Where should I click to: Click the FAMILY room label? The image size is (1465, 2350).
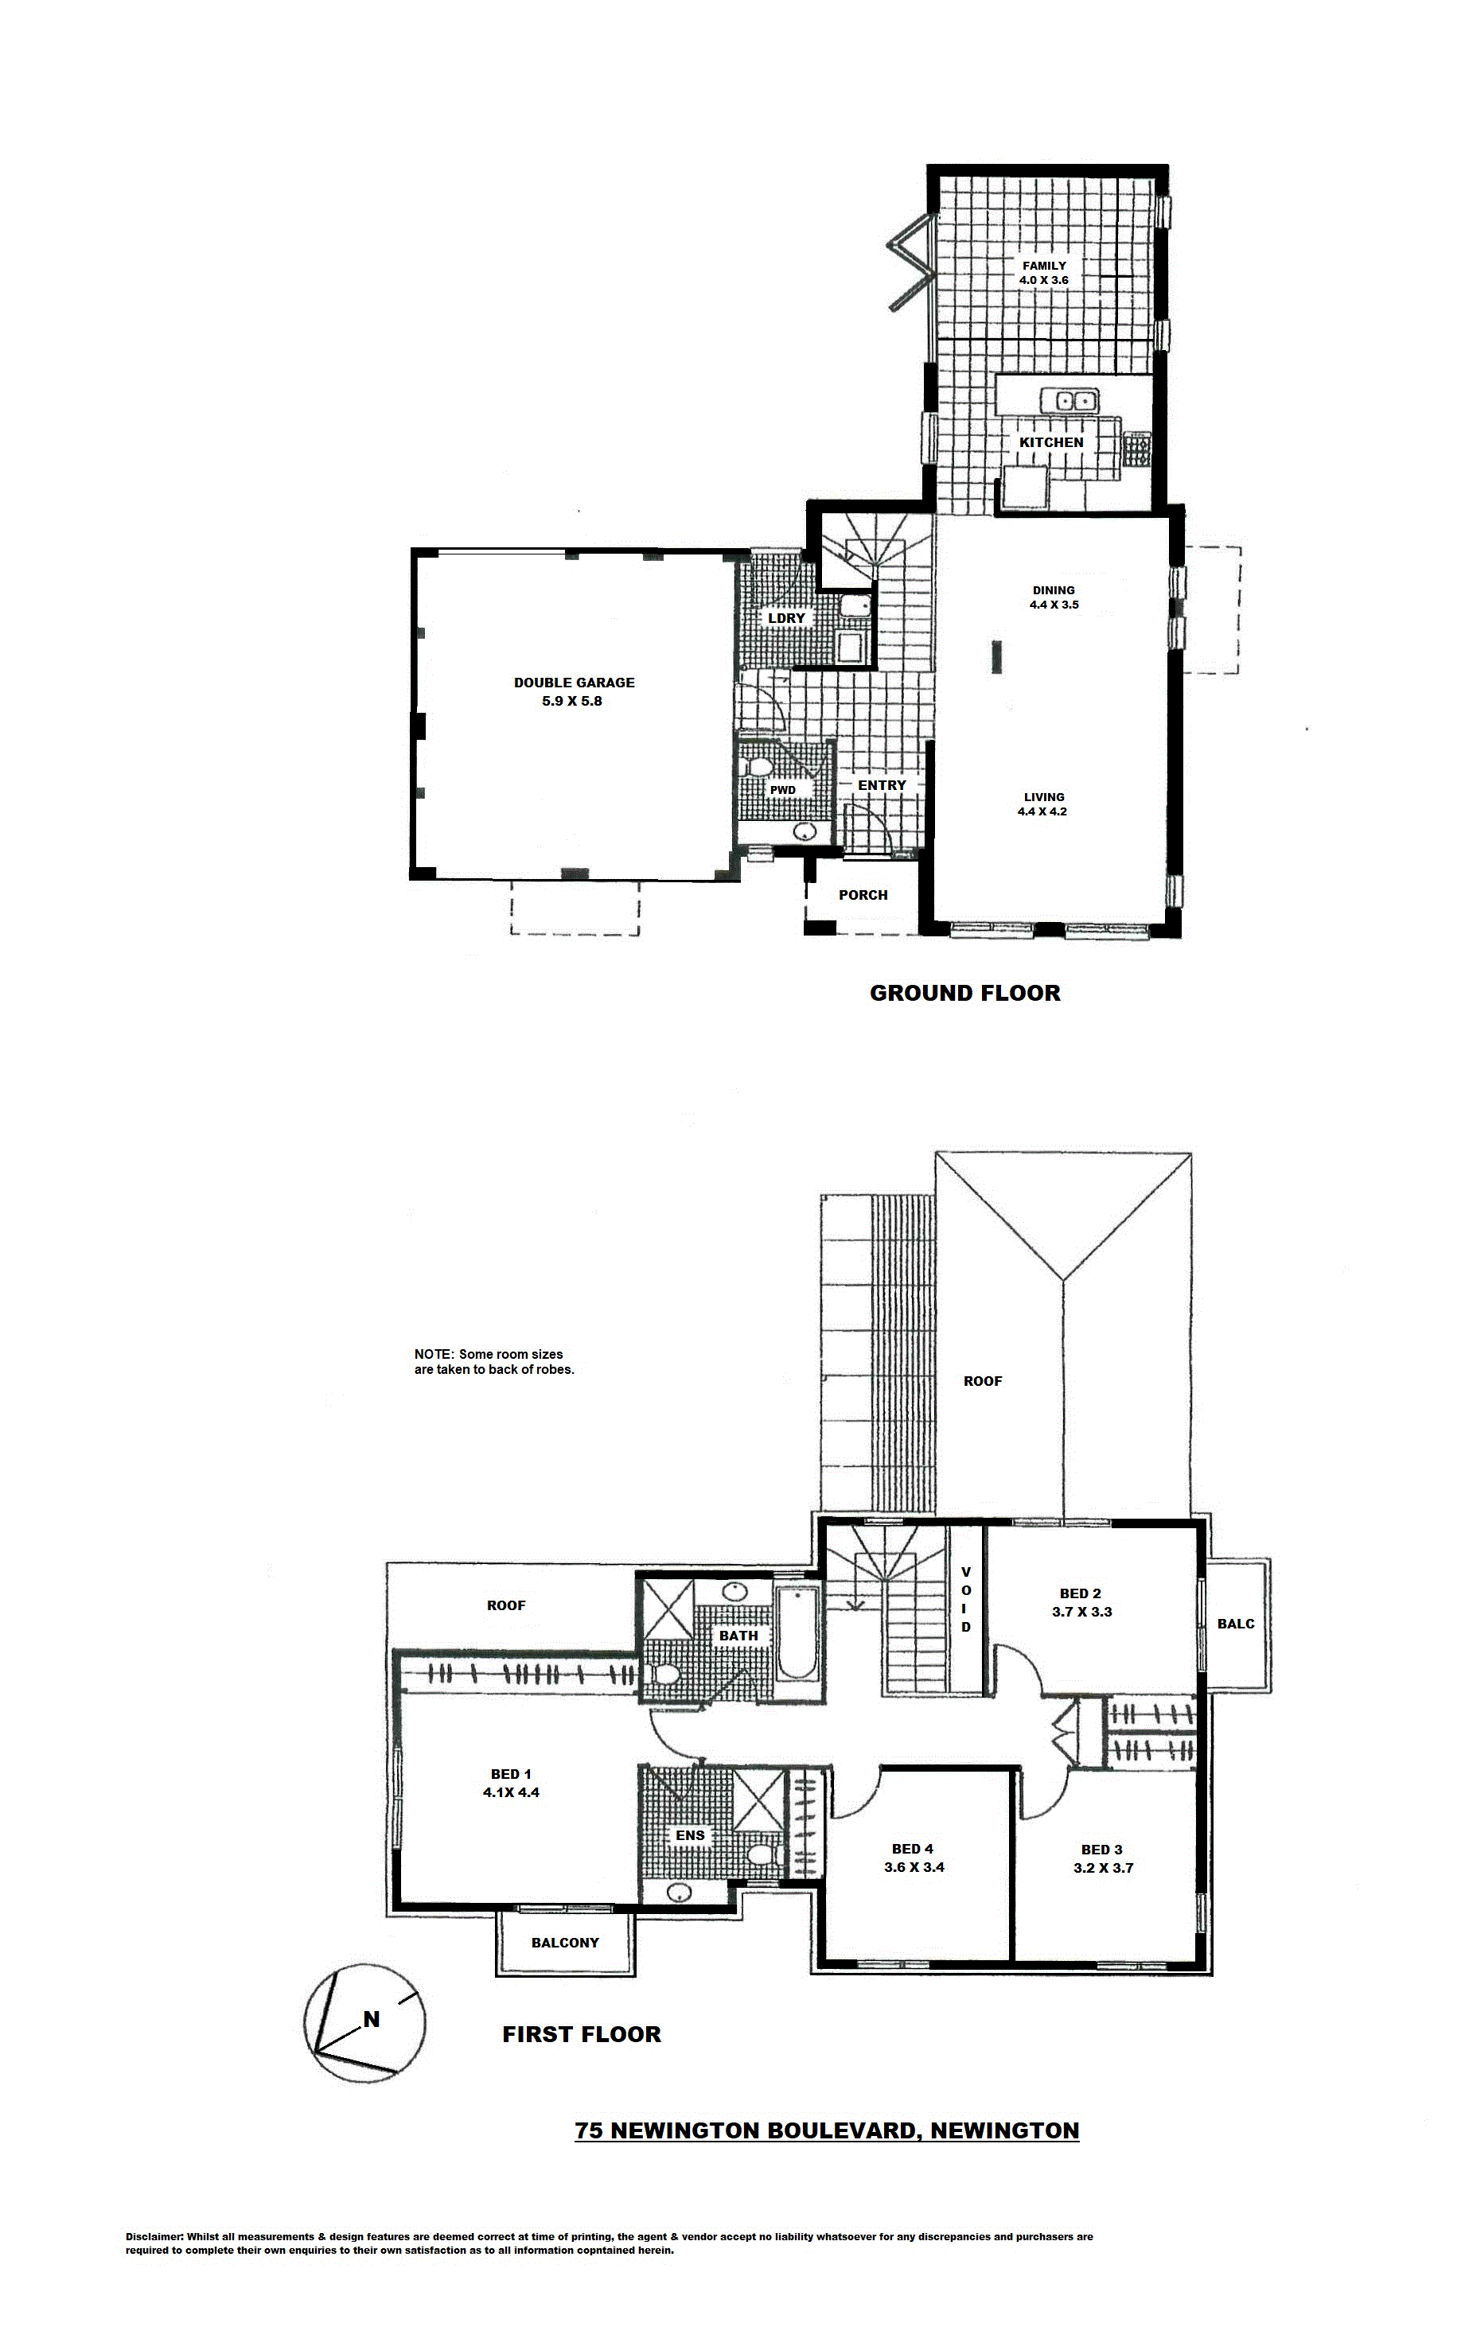coord(1042,266)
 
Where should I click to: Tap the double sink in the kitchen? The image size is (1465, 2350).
coord(1068,399)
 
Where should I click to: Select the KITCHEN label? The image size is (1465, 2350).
coord(1051,442)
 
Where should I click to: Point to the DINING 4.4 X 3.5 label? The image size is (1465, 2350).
coord(1054,597)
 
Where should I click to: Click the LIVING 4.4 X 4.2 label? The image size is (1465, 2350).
coord(1042,805)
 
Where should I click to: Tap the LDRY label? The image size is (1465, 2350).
coord(785,618)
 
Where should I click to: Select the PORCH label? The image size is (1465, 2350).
coord(863,895)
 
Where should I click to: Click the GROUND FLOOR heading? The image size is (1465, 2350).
coord(965,993)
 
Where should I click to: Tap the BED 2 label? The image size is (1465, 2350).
coord(1081,1593)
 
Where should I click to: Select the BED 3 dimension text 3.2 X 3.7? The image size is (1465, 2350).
coord(1103,1868)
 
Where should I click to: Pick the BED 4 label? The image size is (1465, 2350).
coord(913,1849)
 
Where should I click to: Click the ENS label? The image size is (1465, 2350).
coord(690,1834)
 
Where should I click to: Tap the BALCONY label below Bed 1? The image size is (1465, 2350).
coord(565,1942)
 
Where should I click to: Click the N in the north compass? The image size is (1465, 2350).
coord(371,2020)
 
